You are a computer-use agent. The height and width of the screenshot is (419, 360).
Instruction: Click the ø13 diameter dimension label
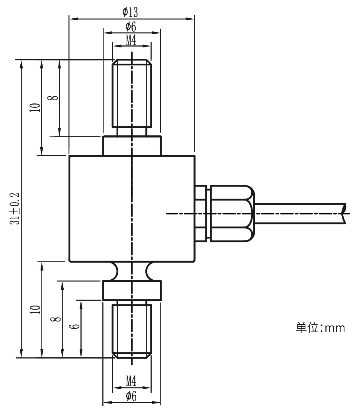point(130,12)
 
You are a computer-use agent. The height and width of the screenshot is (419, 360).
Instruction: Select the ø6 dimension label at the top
point(131,27)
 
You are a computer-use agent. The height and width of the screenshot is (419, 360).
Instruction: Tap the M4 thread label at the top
point(131,40)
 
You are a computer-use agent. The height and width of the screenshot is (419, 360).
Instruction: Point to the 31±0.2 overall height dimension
point(15,209)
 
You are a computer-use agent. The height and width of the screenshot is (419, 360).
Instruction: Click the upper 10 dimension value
point(35,107)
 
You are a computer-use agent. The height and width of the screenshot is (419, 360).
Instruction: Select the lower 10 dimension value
point(35,310)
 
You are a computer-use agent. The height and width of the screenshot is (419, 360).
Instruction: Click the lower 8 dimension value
point(56,319)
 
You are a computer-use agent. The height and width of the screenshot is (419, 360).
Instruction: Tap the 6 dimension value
point(74,326)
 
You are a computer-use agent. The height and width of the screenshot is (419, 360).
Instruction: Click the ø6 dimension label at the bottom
point(131,396)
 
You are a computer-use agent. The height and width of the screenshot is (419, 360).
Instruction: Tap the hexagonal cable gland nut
point(232,214)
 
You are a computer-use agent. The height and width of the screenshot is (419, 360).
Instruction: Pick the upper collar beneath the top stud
point(132,146)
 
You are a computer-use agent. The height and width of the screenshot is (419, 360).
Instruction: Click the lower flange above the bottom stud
point(132,290)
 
